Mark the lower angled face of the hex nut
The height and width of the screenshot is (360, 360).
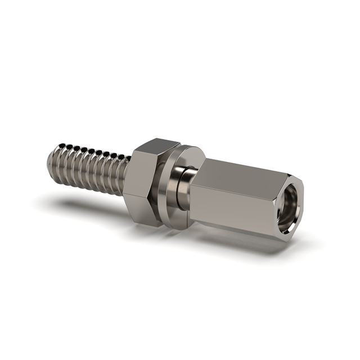[x=143, y=211]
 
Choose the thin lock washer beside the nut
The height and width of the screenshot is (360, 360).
[x=166, y=186]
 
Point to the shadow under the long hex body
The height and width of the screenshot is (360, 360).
[x=242, y=242]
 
